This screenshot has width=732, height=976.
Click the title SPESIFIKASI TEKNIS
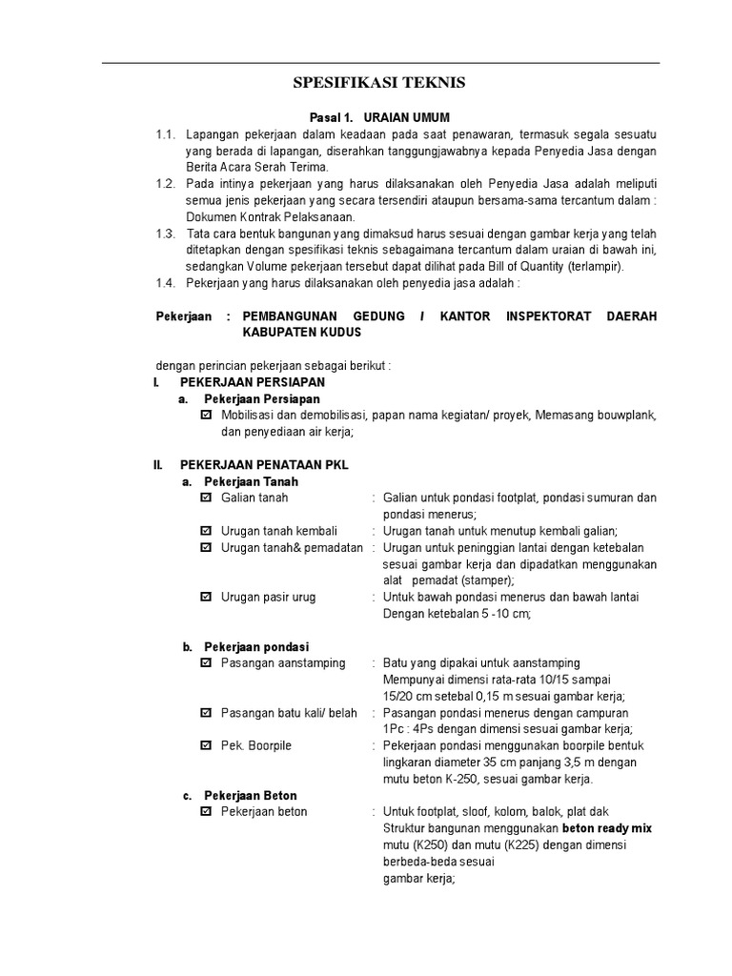pyautogui.click(x=379, y=84)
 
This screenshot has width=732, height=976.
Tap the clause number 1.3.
pyautogui.click(x=166, y=234)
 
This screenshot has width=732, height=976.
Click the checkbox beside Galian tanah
pyautogui.click(x=207, y=498)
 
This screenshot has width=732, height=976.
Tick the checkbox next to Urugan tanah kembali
pyautogui.click(x=207, y=531)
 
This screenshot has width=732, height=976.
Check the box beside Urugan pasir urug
pyautogui.click(x=207, y=598)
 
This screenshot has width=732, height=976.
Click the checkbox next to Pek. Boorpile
pyautogui.click(x=207, y=745)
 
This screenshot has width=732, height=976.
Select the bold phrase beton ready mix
pyautogui.click(x=606, y=828)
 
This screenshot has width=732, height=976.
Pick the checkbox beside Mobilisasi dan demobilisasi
pyautogui.click(x=207, y=416)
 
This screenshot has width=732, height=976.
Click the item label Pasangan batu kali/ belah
pyautogui.click(x=289, y=713)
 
